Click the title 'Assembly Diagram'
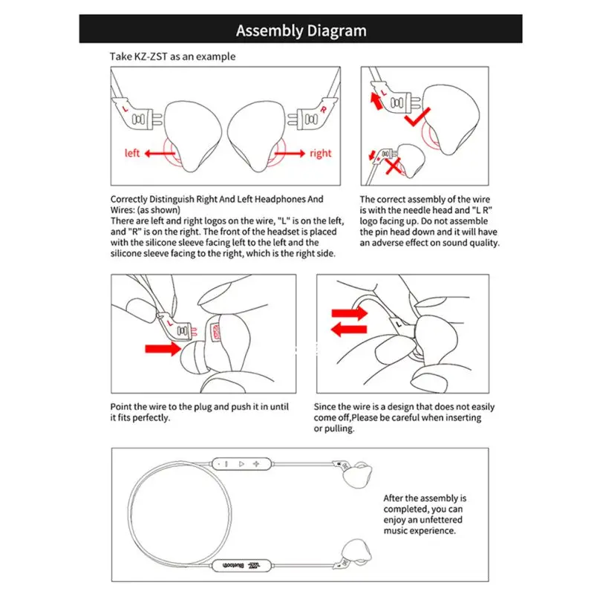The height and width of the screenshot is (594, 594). click(x=301, y=30)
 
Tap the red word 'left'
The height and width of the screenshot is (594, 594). click(x=133, y=153)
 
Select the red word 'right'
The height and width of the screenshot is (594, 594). click(x=321, y=153)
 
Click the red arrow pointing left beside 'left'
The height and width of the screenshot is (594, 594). click(x=158, y=154)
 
